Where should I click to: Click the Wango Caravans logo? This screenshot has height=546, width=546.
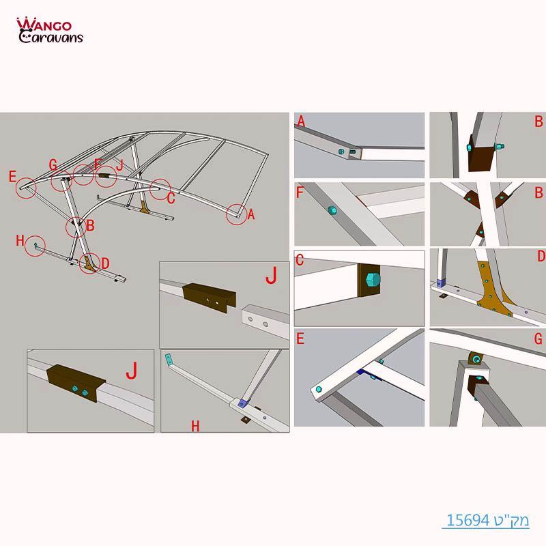pyautogui.click(x=50, y=31)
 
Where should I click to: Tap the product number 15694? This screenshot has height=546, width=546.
pyautogui.click(x=468, y=521)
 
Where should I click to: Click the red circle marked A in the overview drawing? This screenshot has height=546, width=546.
pyautogui.click(x=237, y=214)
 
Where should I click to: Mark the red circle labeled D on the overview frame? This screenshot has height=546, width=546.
pyautogui.click(x=89, y=263)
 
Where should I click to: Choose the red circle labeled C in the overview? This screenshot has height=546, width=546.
pyautogui.click(x=160, y=188)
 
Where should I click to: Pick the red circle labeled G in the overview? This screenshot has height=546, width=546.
pyautogui.click(x=61, y=182)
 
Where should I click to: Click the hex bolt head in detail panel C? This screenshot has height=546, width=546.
pyautogui.click(x=371, y=281)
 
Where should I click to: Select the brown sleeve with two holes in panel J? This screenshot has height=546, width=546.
pyautogui.click(x=209, y=296)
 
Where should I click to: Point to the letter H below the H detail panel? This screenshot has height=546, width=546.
pyautogui.click(x=195, y=427)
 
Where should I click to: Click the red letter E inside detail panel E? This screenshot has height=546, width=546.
pyautogui.click(x=301, y=337)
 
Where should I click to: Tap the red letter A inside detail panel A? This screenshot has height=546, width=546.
pyautogui.click(x=301, y=121)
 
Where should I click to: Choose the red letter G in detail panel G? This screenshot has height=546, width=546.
pyautogui.click(x=538, y=338)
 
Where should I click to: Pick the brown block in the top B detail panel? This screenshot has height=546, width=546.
pyautogui.click(x=482, y=158)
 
